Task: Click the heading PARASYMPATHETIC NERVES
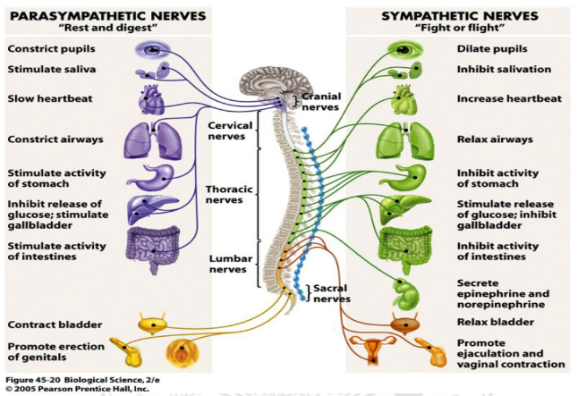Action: (106, 16)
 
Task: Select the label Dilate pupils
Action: (492, 47)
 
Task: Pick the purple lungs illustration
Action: (150, 139)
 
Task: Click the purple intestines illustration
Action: (152, 244)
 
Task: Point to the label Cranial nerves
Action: (320, 101)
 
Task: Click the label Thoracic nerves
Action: (231, 195)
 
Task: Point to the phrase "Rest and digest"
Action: (106, 29)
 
